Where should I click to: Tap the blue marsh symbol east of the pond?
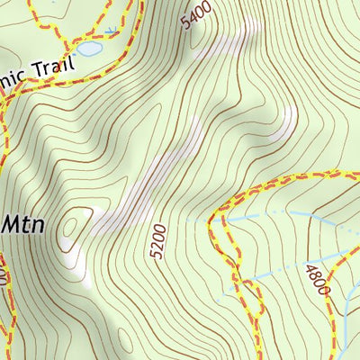point(112,31)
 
